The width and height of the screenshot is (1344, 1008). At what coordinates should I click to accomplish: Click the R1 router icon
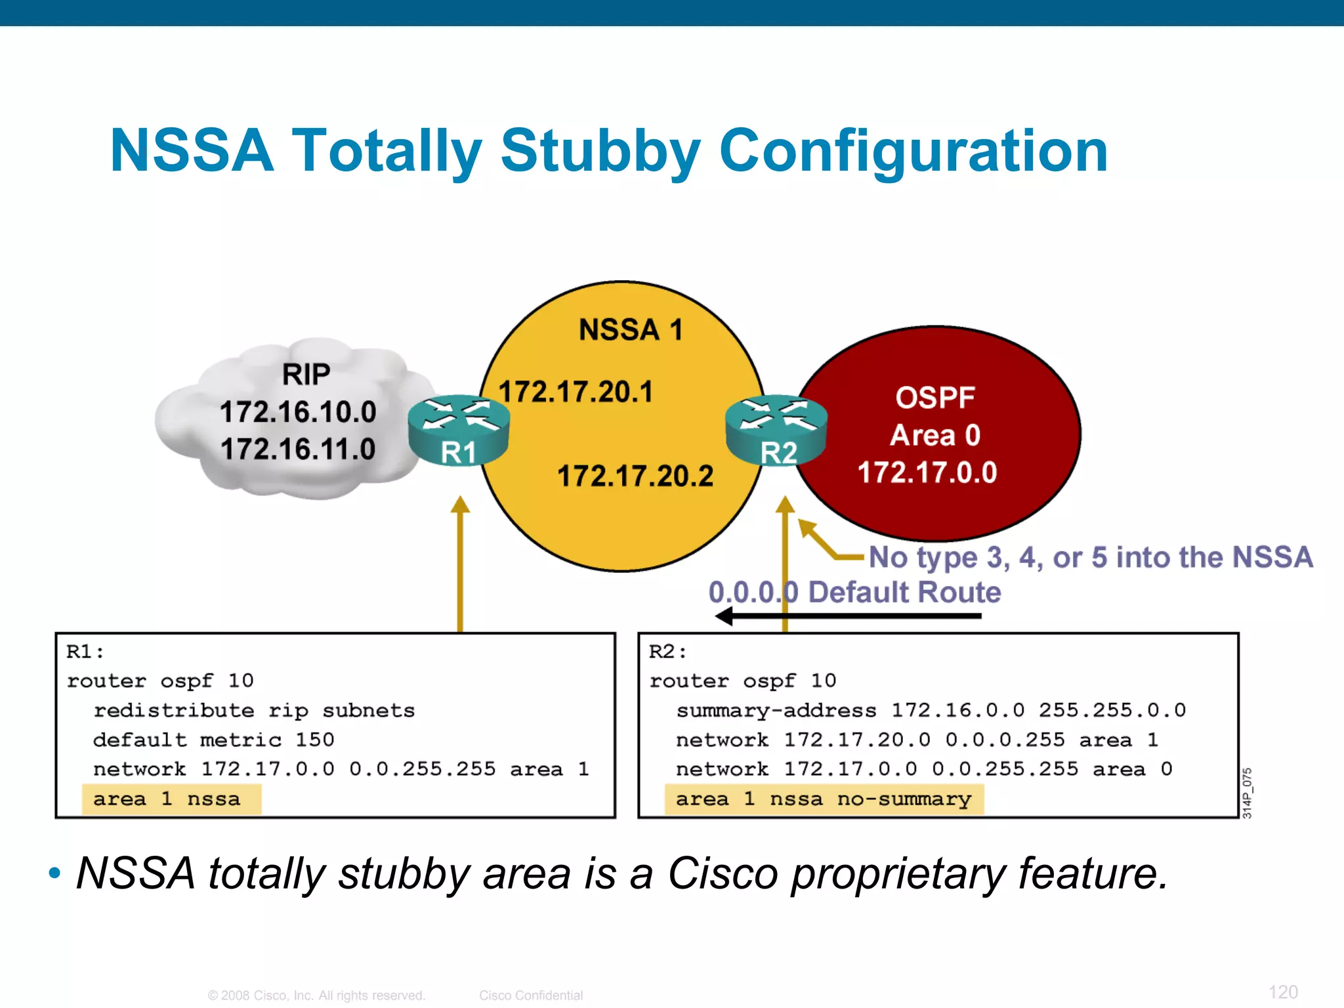[458, 430]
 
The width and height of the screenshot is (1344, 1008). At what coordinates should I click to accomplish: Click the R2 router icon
[776, 430]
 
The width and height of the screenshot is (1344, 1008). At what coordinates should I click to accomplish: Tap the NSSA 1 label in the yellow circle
[631, 329]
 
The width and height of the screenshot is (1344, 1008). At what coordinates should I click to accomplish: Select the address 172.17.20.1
[576, 392]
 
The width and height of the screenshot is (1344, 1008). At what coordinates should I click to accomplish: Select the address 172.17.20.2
[635, 476]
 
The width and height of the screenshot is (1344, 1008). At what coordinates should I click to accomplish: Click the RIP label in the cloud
[306, 375]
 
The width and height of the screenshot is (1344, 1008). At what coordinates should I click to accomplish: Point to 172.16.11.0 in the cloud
[298, 450]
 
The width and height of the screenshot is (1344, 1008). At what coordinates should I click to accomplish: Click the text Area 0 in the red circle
[934, 435]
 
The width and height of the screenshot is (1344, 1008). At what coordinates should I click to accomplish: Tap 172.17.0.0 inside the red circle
[927, 472]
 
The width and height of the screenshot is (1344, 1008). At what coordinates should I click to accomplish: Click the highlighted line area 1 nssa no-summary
[823, 799]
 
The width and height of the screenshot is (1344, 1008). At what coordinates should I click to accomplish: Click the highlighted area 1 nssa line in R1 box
[167, 799]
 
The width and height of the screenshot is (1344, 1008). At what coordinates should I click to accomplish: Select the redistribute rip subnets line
[254, 711]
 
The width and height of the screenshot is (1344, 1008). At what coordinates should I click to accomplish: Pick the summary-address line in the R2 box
[931, 711]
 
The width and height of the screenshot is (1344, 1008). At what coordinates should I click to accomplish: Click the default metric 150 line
[214, 740]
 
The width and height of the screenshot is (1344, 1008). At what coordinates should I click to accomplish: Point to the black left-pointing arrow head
[724, 616]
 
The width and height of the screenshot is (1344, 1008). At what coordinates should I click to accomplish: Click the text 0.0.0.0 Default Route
[854, 592]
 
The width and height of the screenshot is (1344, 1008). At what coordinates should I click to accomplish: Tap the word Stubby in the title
[600, 151]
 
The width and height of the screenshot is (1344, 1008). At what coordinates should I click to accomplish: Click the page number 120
[1282, 992]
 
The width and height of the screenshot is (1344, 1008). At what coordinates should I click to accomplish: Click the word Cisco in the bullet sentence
[722, 873]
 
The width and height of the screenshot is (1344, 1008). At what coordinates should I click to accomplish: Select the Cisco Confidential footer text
[530, 996]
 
